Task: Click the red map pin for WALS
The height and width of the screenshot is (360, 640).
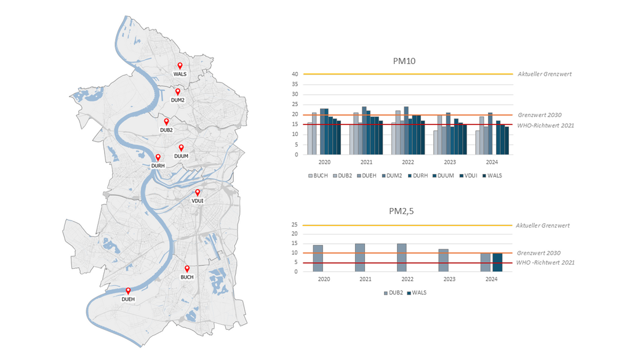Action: pyautogui.click(x=180, y=66)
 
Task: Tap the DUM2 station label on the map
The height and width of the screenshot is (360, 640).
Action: pyautogui.click(x=178, y=100)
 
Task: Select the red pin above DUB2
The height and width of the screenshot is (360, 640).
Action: pyautogui.click(x=166, y=122)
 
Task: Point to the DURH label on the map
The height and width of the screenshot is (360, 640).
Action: pyautogui.click(x=158, y=166)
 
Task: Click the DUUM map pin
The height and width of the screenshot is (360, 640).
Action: pyautogui.click(x=181, y=148)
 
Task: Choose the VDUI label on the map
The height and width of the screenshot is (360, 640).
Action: pyautogui.click(x=198, y=201)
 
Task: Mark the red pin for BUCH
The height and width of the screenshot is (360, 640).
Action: pyautogui.click(x=187, y=269)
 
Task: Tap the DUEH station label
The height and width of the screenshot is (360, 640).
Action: pyautogui.click(x=128, y=299)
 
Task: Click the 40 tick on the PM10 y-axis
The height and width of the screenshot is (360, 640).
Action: pyautogui.click(x=295, y=74)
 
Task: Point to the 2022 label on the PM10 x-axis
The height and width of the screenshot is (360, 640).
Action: pyautogui.click(x=407, y=163)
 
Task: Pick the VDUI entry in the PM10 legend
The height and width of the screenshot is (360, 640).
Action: pyautogui.click(x=470, y=175)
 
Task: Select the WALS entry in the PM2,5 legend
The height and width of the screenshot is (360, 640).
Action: pyautogui.click(x=418, y=292)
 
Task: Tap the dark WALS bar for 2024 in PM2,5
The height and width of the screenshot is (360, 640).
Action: pyautogui.click(x=497, y=262)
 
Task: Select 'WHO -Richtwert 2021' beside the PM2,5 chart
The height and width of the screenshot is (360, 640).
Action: pyautogui.click(x=545, y=263)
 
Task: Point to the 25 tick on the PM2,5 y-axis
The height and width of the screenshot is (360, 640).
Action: pyautogui.click(x=294, y=225)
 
